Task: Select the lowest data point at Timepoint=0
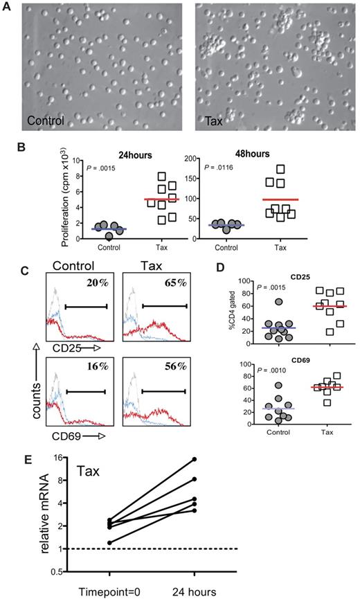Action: tap(109, 542)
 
